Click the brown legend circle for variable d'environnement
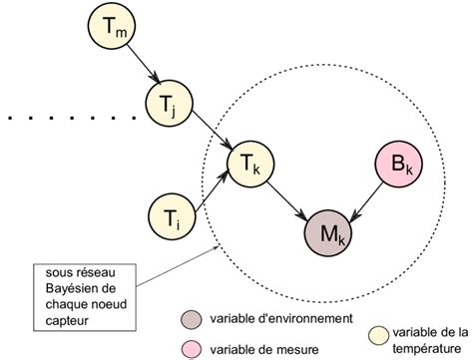point(192,320)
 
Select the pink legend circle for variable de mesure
point(192,348)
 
